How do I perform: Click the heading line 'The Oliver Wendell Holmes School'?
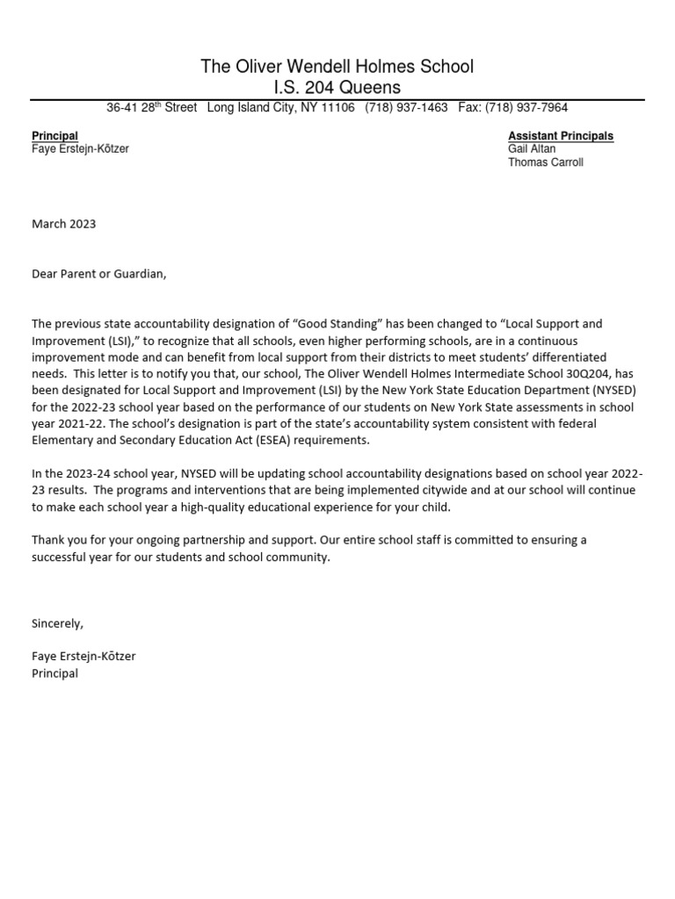point(337,66)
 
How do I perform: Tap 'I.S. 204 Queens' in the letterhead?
point(337,87)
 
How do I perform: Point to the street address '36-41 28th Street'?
point(151,108)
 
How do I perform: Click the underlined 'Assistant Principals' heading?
point(560,136)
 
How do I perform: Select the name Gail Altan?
point(532,149)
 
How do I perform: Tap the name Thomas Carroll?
point(545,162)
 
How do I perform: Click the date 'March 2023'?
point(64,224)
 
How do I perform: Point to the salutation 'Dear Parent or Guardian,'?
point(98,274)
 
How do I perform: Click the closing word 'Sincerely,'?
point(58,623)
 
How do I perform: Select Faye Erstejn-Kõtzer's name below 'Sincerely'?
point(83,657)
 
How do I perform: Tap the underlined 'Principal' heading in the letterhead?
point(55,136)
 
